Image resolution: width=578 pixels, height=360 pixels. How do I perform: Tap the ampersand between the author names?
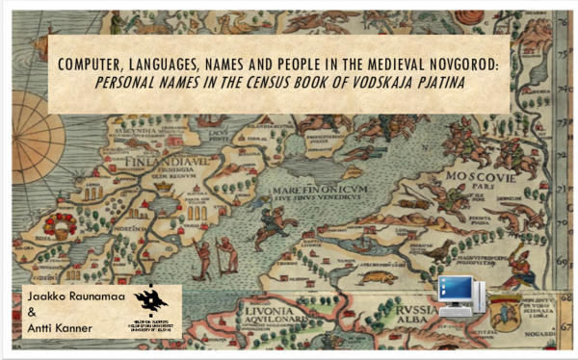(32, 313)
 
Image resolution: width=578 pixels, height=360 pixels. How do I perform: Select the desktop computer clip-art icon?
(459, 293)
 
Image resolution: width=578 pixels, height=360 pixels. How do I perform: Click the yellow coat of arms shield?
(505, 313)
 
